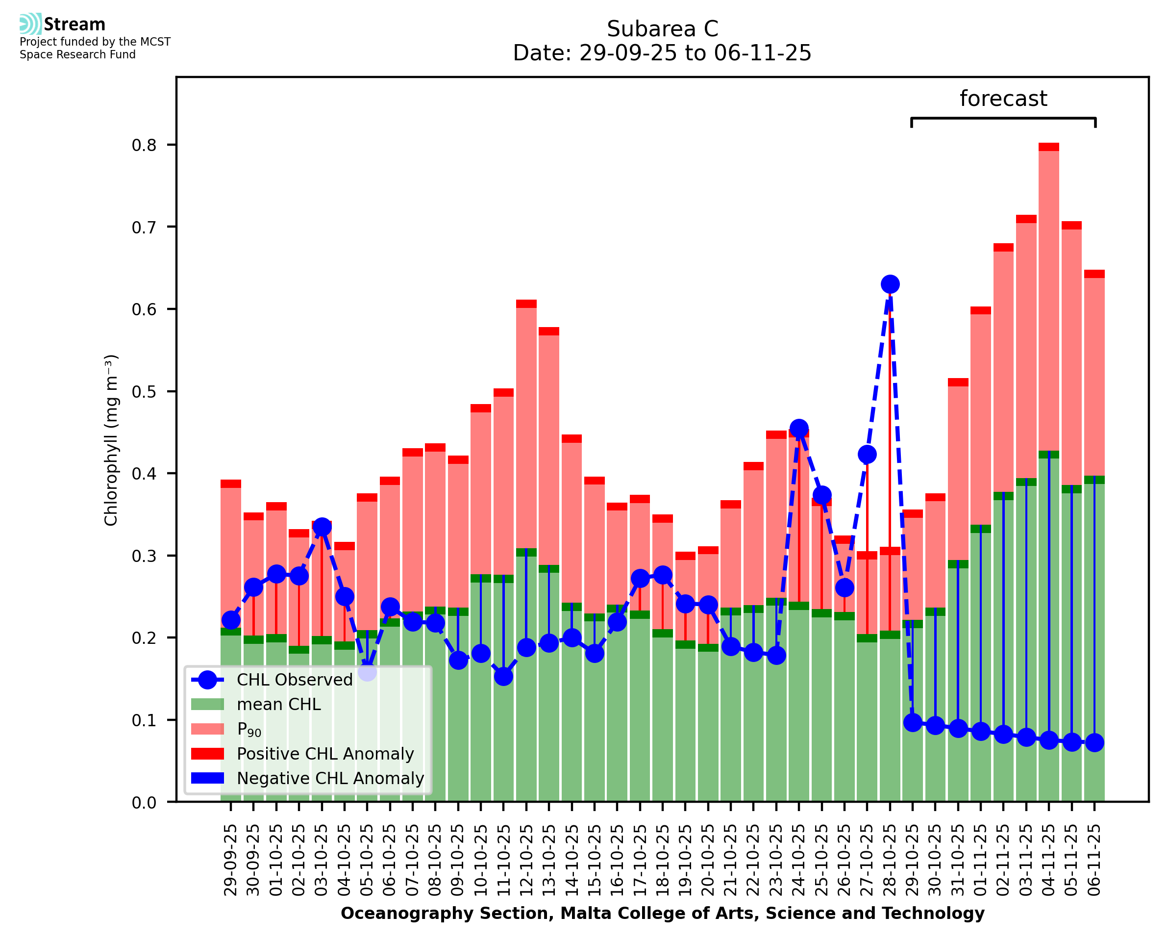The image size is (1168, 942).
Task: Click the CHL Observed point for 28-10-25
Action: click(x=890, y=284)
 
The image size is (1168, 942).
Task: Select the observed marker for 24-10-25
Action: click(x=799, y=428)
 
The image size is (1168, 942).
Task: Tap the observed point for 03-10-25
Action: click(x=322, y=526)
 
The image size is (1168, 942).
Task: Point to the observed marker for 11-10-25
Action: click(x=503, y=676)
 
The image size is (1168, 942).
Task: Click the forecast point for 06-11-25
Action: click(x=1094, y=742)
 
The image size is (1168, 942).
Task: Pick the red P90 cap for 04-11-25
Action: click(x=1049, y=147)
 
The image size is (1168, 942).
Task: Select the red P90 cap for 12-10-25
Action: click(x=526, y=304)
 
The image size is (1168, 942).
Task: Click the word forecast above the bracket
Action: click(x=1003, y=99)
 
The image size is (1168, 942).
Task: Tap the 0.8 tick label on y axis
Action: click(x=144, y=146)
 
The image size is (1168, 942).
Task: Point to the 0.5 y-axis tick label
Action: click(x=144, y=392)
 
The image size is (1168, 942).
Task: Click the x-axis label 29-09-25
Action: click(x=230, y=860)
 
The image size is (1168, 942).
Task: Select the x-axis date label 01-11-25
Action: click(x=980, y=860)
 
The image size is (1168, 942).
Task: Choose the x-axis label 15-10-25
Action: click(x=595, y=860)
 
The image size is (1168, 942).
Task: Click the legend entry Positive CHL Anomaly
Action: click(x=325, y=754)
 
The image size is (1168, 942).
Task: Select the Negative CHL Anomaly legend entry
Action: click(x=330, y=778)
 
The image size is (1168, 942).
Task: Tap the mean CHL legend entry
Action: click(x=279, y=704)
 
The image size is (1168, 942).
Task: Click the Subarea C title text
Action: click(x=662, y=29)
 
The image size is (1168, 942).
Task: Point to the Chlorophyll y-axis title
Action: click(x=111, y=440)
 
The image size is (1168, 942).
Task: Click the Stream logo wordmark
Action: click(x=75, y=25)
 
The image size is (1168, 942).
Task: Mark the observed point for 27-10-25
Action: click(x=867, y=454)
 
